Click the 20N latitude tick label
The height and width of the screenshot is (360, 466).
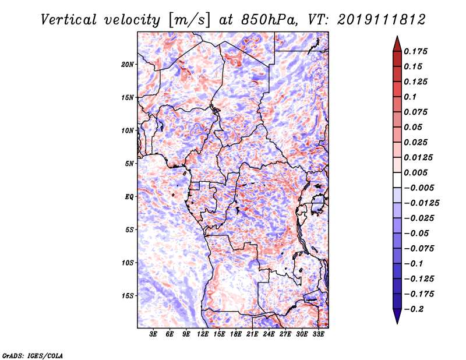point(128,64)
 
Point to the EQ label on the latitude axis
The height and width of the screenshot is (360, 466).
point(129,197)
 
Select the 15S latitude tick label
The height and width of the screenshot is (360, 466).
point(128,296)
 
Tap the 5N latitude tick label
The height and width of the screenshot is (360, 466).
point(129,164)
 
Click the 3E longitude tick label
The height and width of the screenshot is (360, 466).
point(154,334)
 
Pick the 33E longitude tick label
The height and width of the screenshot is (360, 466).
point(319,334)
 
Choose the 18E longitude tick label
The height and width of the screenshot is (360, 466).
point(236,334)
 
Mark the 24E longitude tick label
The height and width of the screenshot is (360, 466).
point(269,334)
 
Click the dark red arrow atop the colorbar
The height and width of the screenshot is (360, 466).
point(397,43)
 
